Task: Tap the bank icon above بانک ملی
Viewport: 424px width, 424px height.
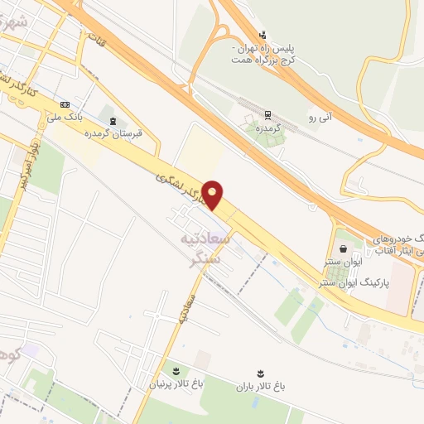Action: coord(65,104)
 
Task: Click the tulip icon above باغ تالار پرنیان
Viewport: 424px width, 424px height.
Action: coord(176,368)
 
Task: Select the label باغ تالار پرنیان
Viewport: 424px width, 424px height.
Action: coord(175,384)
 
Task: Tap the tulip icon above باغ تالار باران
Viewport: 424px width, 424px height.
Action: coord(258,368)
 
